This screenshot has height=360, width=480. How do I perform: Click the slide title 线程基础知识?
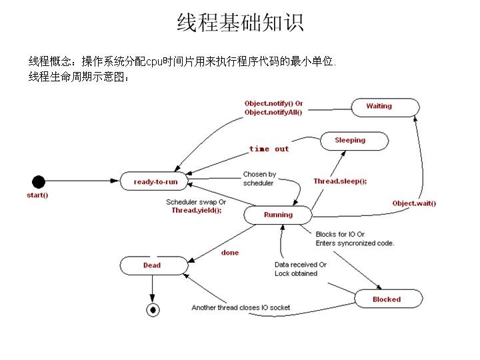pos(240,23)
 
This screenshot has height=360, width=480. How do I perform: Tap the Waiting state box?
pos(379,107)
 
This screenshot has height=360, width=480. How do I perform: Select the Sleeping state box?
pos(350,141)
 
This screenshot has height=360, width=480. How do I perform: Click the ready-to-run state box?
pos(153,181)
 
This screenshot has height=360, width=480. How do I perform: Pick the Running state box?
pos(278,215)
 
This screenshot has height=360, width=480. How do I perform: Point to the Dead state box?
pos(152,265)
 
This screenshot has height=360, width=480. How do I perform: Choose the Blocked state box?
pos(387,299)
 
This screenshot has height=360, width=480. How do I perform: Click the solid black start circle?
pos(39,181)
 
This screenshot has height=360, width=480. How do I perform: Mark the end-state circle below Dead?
pos(153,309)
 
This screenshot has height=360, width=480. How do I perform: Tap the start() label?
pos(37,195)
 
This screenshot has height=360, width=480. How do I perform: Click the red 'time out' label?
pos(269,149)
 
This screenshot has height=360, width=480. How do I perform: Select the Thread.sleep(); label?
pos(340,181)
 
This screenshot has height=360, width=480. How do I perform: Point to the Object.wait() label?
pos(414,203)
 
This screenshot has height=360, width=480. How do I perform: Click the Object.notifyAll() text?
pos(273,113)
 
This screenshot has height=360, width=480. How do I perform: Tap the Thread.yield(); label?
pos(197,210)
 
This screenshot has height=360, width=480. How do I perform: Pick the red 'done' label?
pos(230,253)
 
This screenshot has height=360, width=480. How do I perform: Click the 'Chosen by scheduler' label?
pos(259,179)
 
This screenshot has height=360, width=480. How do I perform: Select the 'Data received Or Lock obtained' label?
pos(300,269)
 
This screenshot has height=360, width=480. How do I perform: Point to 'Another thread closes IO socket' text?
pos(241,307)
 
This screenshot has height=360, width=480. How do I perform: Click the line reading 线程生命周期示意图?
pos(79,77)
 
